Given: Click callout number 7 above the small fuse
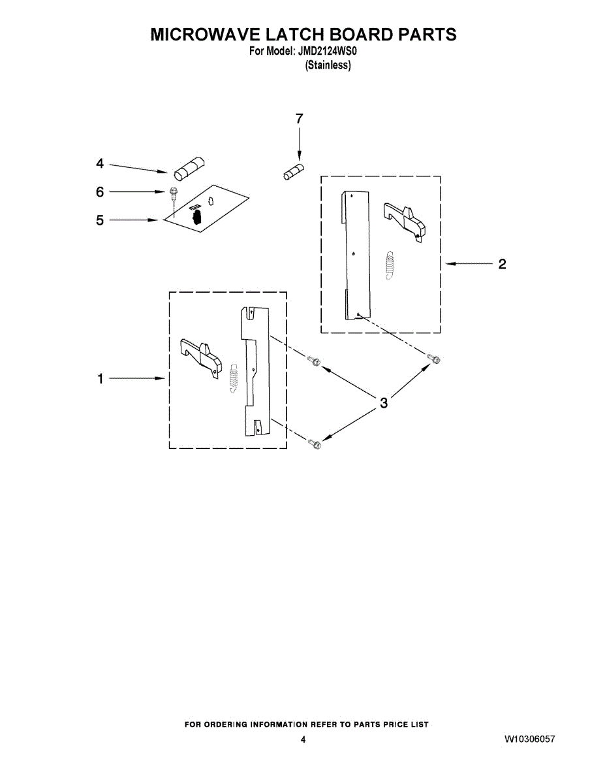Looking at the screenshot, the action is click(x=299, y=119).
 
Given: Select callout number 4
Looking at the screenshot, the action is click(x=100, y=163).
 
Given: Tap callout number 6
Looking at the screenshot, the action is click(x=100, y=191).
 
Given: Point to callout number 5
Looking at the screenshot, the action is click(x=100, y=220).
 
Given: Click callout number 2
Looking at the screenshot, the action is click(x=502, y=264).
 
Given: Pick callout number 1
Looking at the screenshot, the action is click(x=100, y=378).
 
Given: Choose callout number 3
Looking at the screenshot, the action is click(x=384, y=402).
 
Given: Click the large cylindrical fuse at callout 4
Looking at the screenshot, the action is click(x=189, y=169).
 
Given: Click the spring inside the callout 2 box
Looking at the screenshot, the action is click(x=390, y=265).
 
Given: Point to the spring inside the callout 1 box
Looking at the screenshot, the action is click(x=234, y=378).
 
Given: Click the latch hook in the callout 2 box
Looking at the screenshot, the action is click(x=404, y=222).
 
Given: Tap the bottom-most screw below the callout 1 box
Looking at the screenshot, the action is click(x=315, y=444).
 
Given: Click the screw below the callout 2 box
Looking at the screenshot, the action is click(x=433, y=359).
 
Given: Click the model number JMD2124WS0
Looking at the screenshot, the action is click(x=327, y=52).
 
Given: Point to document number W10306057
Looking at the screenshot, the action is click(x=529, y=739).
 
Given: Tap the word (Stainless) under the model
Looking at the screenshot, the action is click(x=328, y=65).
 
